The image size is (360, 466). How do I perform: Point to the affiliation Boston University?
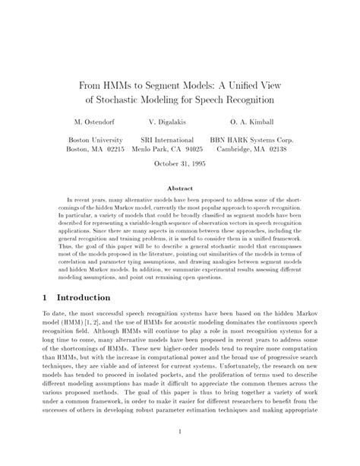click(x=96, y=141)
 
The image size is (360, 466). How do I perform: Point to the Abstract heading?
click(x=179, y=187)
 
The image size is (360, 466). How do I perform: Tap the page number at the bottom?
click(x=179, y=434)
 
